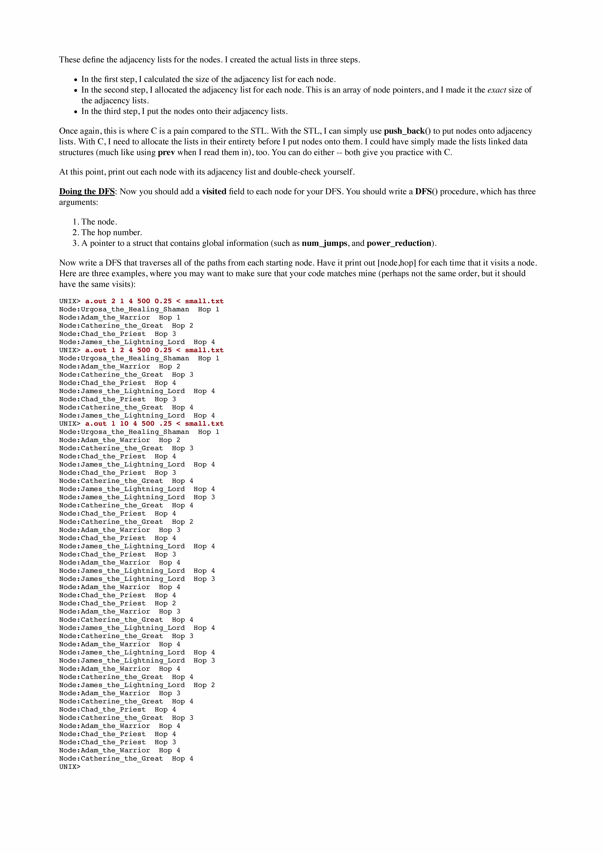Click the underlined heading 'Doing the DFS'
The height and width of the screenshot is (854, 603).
[87, 192]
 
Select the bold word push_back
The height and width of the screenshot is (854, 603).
[404, 131]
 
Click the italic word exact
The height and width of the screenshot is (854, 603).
[497, 90]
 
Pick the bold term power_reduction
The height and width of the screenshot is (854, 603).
[399, 243]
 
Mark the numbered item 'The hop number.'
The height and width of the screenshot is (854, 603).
[111, 232]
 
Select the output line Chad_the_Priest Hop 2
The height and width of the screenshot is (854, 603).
[117, 603]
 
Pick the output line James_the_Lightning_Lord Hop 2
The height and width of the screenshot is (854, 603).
[137, 685]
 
